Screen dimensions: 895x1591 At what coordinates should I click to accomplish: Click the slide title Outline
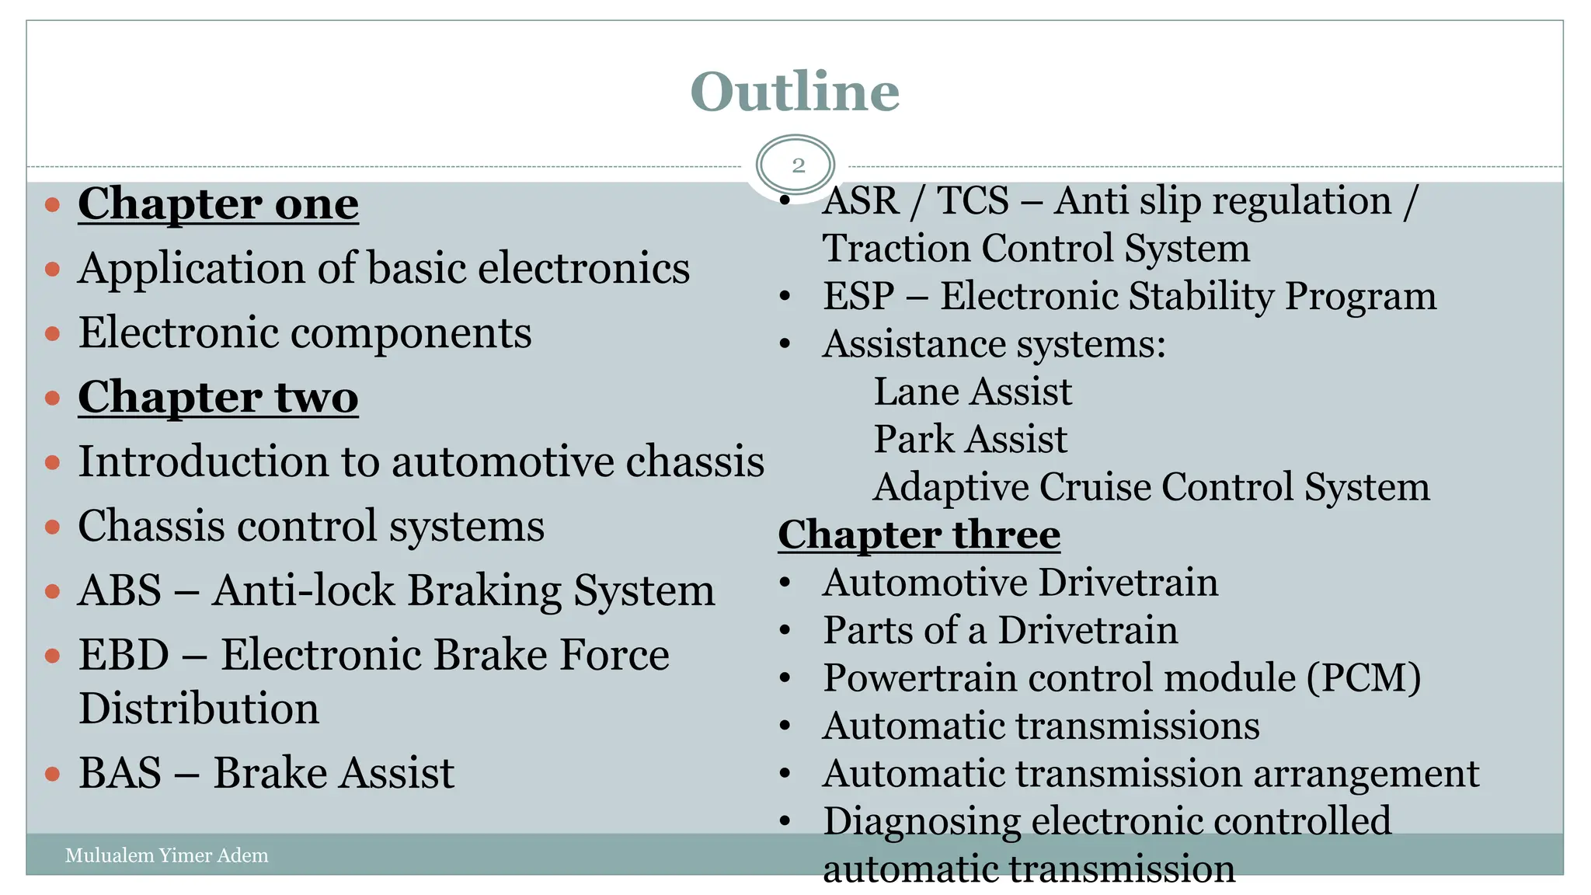(795, 92)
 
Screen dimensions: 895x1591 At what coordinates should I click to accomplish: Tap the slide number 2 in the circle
(798, 165)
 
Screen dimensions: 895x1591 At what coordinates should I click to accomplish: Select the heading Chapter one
(218, 204)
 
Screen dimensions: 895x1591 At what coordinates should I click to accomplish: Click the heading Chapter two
(218, 397)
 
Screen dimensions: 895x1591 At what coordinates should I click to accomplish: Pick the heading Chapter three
(919, 535)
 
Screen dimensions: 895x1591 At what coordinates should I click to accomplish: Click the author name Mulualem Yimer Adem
(166, 855)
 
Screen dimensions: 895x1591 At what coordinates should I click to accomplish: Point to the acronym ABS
(120, 590)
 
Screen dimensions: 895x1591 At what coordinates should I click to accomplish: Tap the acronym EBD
(124, 655)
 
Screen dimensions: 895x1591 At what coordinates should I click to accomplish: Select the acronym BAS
(120, 774)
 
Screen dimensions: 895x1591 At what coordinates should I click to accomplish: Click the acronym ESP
(858, 297)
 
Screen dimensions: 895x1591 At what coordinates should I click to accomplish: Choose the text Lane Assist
(973, 392)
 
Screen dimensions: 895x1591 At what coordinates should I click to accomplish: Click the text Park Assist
(970, 440)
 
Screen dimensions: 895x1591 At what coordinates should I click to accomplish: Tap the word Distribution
(199, 709)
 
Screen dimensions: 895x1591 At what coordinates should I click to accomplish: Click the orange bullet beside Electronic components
(53, 334)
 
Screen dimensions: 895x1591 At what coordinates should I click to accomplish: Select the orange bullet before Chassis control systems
(53, 528)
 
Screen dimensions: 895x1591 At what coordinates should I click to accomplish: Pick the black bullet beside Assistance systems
(785, 343)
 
